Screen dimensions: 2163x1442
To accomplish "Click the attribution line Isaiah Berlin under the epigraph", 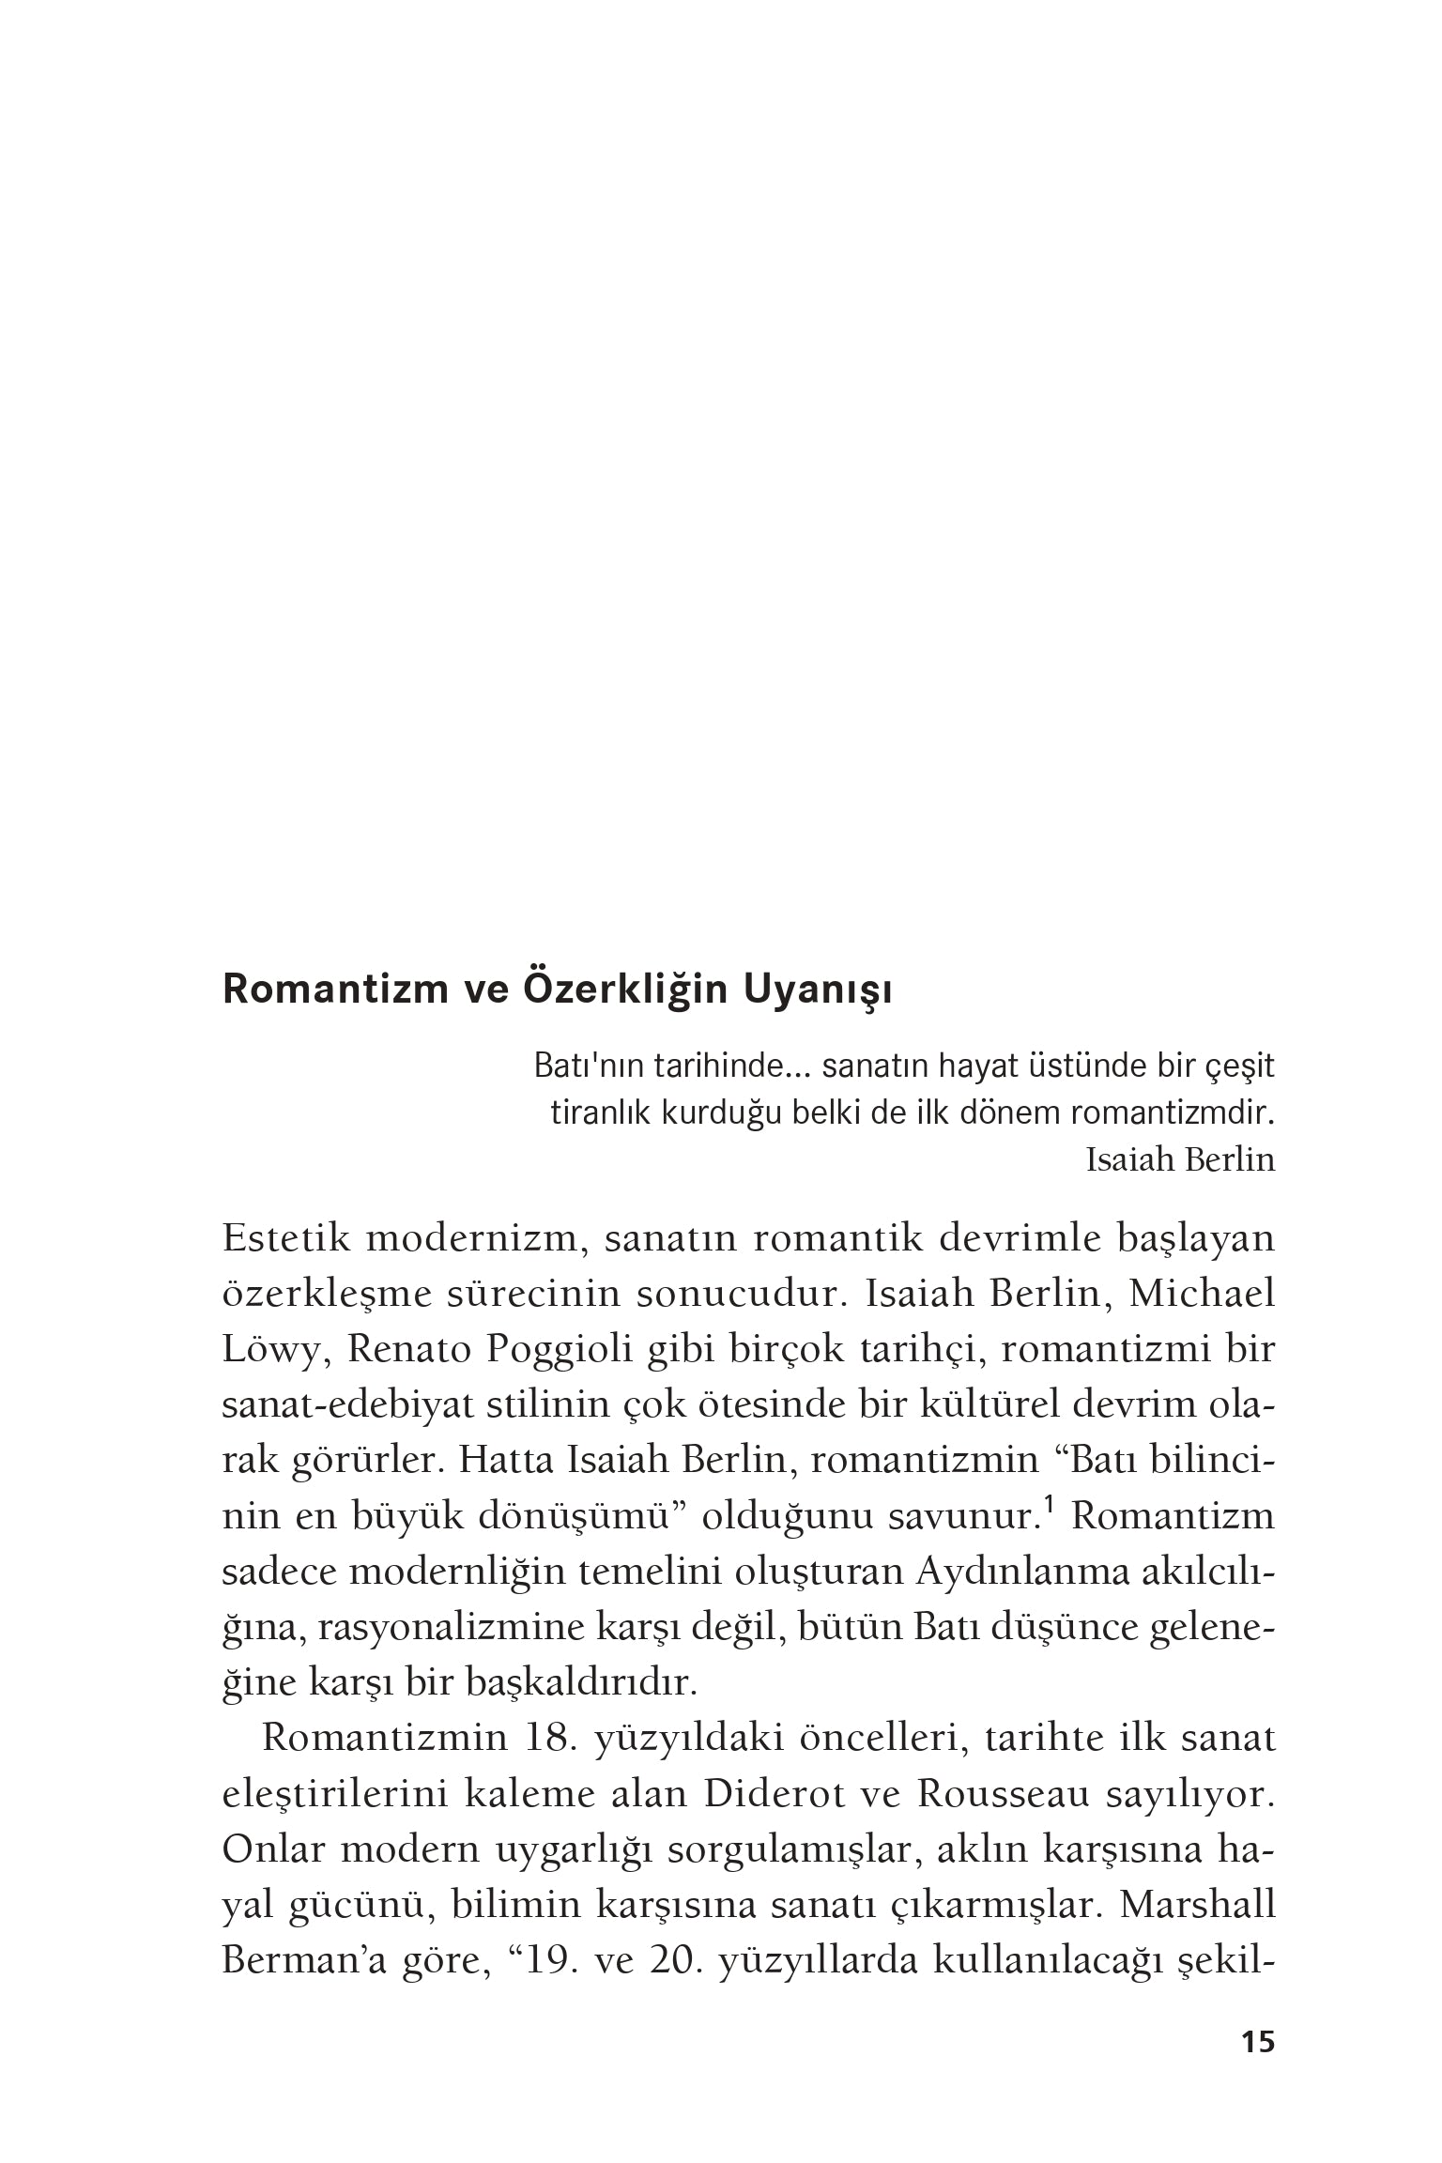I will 1180,1161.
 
